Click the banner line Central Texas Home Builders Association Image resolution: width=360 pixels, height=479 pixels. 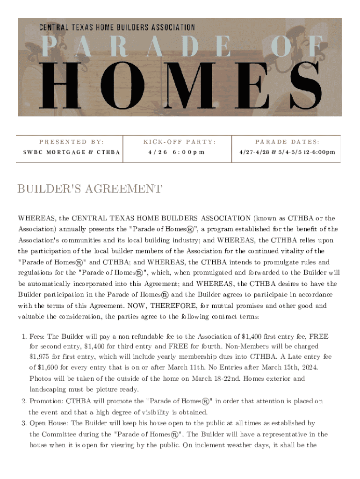(x=117, y=28)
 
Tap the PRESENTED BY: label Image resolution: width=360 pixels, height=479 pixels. (x=72, y=141)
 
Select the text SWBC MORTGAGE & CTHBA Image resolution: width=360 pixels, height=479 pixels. (x=72, y=152)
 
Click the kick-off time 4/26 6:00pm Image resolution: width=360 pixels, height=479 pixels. (x=176, y=152)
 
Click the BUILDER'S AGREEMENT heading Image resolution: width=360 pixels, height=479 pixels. (x=90, y=189)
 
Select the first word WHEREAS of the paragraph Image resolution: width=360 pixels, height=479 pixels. (x=37, y=218)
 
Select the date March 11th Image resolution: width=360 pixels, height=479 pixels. (x=194, y=368)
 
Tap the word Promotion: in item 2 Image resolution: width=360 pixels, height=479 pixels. (x=47, y=401)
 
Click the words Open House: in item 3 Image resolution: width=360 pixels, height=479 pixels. (x=49, y=423)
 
